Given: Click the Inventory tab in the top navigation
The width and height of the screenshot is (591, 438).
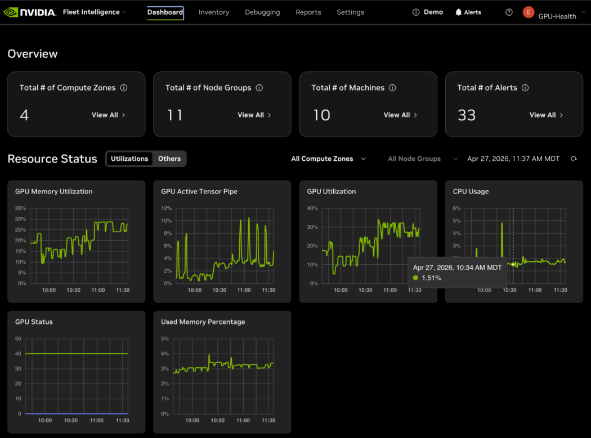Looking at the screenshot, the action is [x=214, y=12].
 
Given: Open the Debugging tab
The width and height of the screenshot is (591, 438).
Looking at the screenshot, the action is [x=262, y=12].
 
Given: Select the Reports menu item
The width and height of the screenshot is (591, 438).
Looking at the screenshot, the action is [x=308, y=12].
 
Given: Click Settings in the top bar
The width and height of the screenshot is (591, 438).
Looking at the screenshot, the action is [x=350, y=12].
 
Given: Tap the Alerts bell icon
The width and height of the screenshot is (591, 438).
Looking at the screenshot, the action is [x=458, y=12].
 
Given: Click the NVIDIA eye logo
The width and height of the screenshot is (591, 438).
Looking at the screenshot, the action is [x=11, y=12].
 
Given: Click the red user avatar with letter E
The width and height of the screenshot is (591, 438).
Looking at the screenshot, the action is [x=529, y=12].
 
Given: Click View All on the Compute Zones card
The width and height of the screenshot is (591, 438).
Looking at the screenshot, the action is [x=109, y=115].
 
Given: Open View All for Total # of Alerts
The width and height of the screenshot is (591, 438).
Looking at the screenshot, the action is [x=546, y=115].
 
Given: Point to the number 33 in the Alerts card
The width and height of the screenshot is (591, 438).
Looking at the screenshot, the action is [x=467, y=115].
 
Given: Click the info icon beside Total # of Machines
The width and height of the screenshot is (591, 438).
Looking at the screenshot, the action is [x=392, y=88].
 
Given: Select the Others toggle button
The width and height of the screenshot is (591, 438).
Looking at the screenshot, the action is [x=169, y=159].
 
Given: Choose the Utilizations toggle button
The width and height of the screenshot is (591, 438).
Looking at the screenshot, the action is [x=129, y=159].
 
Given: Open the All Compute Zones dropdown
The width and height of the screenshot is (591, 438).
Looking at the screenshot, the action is [x=328, y=159].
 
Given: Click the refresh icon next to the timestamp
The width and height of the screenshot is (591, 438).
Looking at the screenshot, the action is [x=574, y=159].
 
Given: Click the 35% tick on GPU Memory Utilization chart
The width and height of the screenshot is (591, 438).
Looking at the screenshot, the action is [x=20, y=208].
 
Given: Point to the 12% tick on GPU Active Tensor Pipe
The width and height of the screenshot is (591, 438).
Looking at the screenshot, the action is [x=166, y=208].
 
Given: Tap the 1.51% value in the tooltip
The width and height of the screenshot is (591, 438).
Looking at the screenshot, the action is [x=432, y=278].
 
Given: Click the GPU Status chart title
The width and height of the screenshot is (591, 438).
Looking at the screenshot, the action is [x=34, y=322].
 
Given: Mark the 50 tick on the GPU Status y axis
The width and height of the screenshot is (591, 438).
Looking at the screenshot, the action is [x=18, y=338].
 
